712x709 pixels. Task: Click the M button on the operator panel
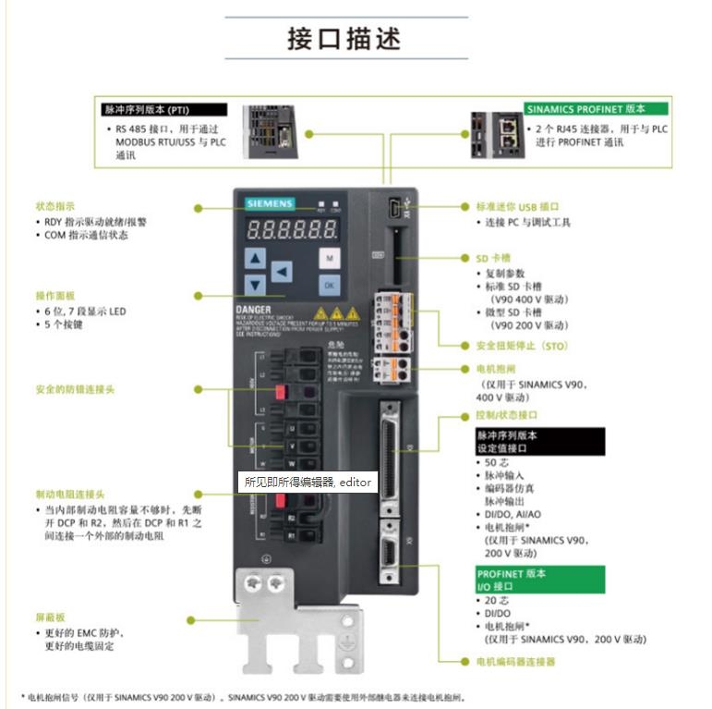(329, 259)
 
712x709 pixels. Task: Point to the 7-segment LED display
(286, 228)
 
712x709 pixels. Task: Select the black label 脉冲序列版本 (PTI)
(151, 110)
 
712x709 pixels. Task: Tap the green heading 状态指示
(54, 206)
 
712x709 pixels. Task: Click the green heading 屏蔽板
(50, 617)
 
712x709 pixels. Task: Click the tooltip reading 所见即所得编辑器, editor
(308, 482)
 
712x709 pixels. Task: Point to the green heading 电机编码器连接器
(515, 662)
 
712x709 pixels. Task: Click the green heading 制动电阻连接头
(69, 494)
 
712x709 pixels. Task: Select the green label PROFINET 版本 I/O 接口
(540, 580)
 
